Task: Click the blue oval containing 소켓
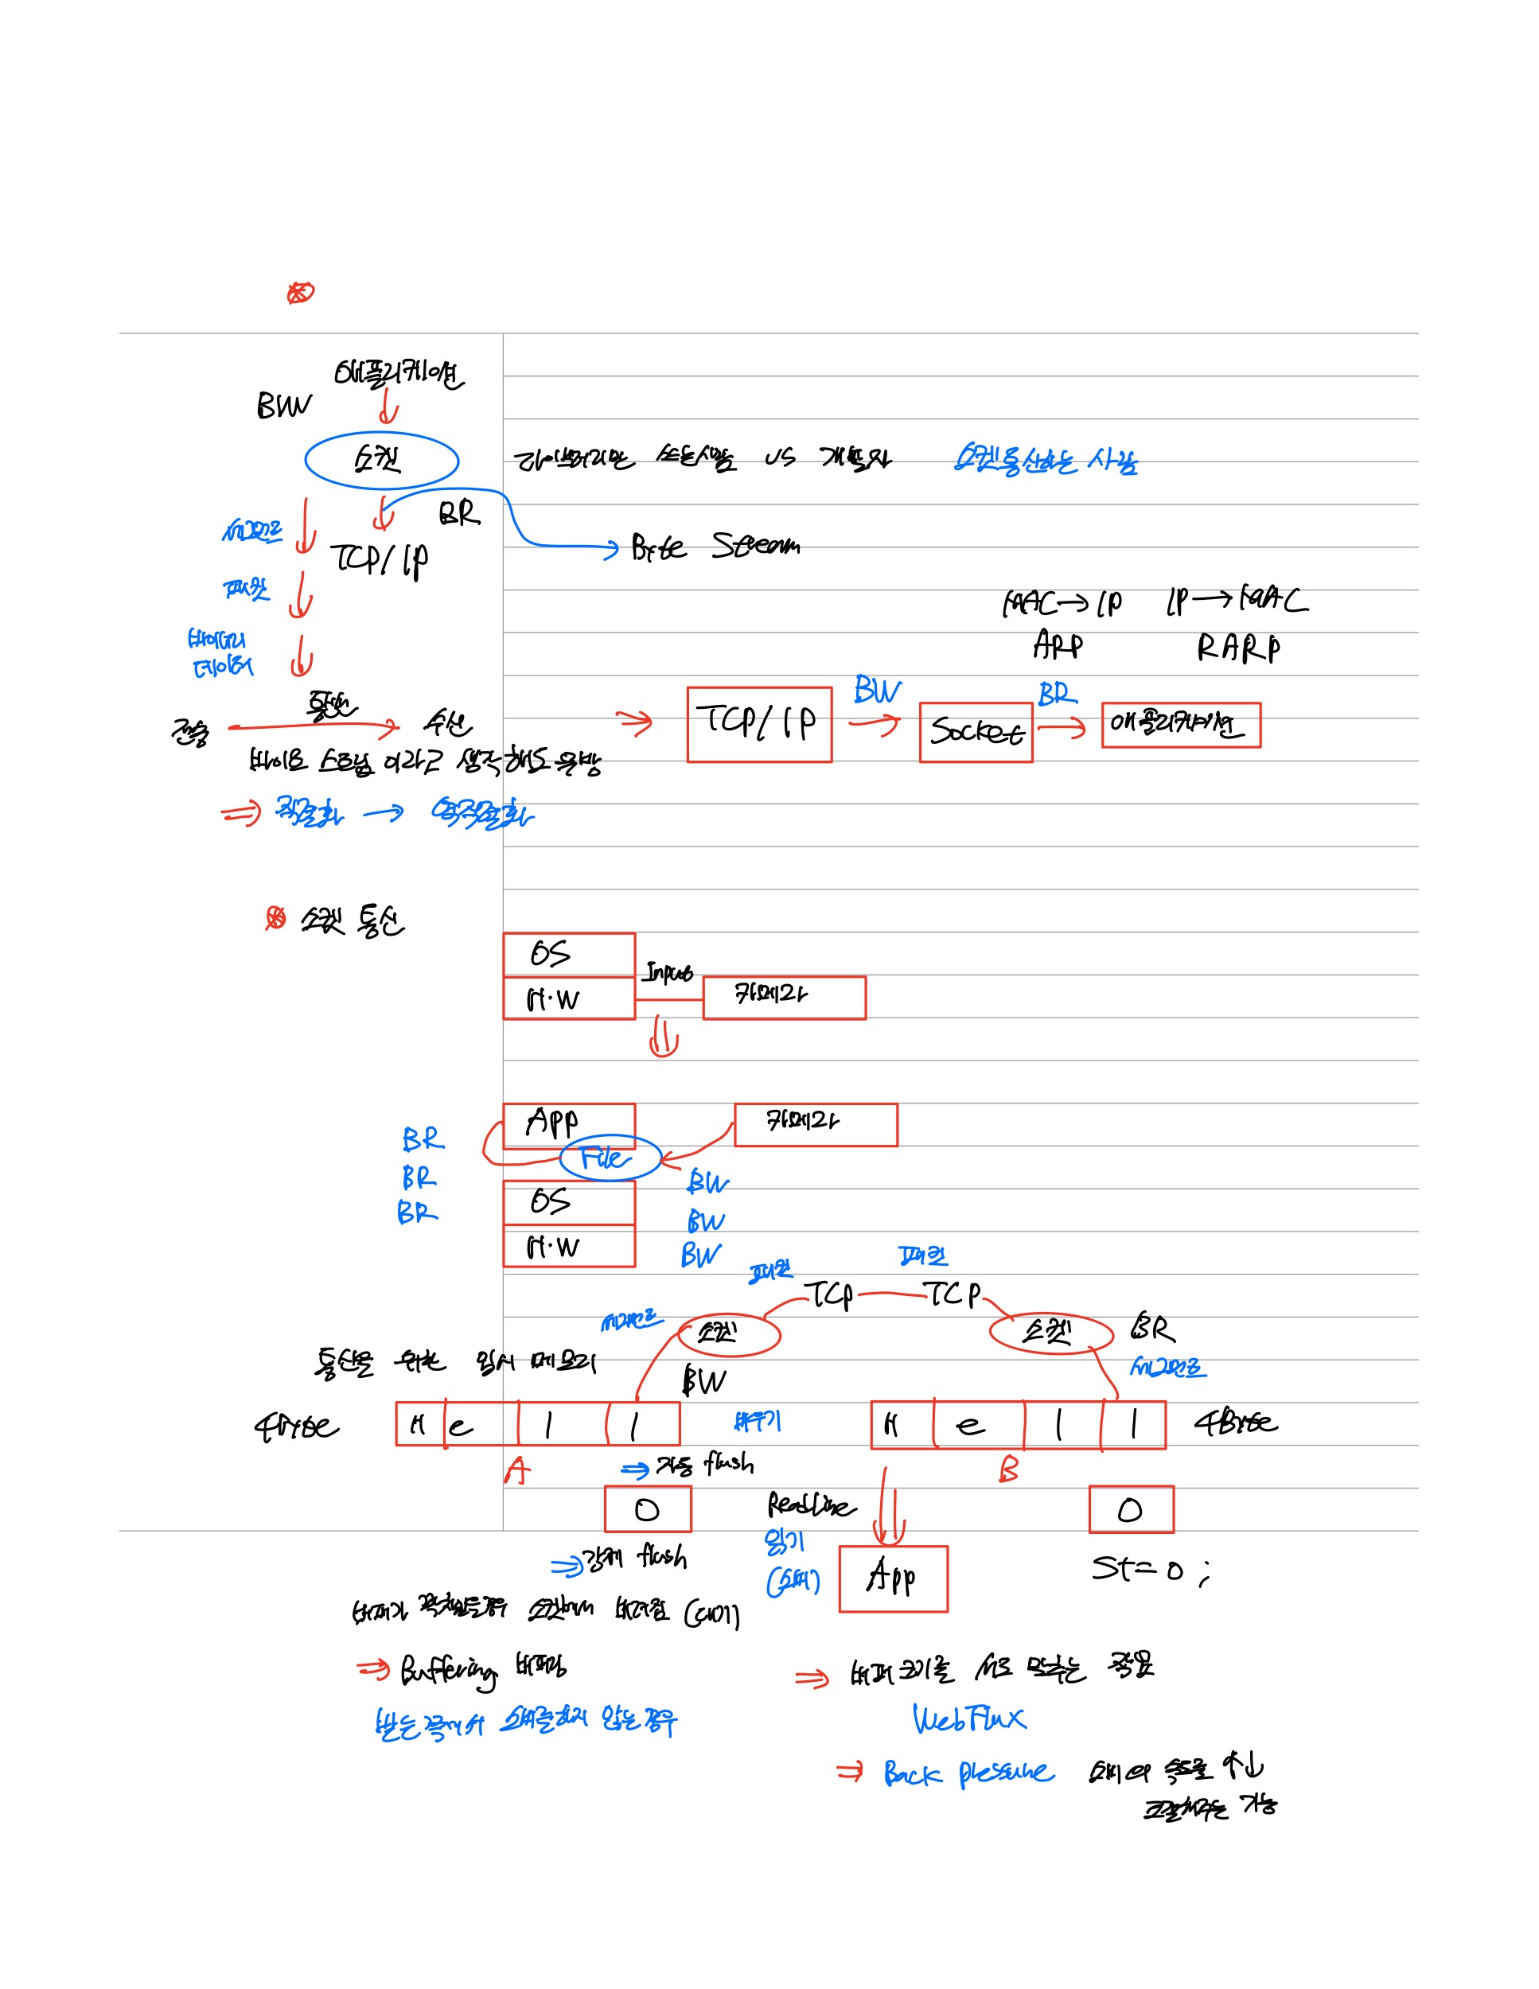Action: pos(380,461)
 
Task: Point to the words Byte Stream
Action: pos(715,547)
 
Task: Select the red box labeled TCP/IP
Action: pos(758,724)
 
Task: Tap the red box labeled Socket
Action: pos(976,731)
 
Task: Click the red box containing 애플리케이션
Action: pos(1180,725)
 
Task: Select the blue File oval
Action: pos(610,1158)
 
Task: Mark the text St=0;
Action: pos(1150,1568)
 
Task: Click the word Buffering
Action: pos(449,1670)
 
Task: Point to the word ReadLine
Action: pos(809,1504)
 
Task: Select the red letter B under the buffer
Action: pos(1008,1468)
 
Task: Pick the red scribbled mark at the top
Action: pos(300,292)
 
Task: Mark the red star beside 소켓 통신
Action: pos(275,918)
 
